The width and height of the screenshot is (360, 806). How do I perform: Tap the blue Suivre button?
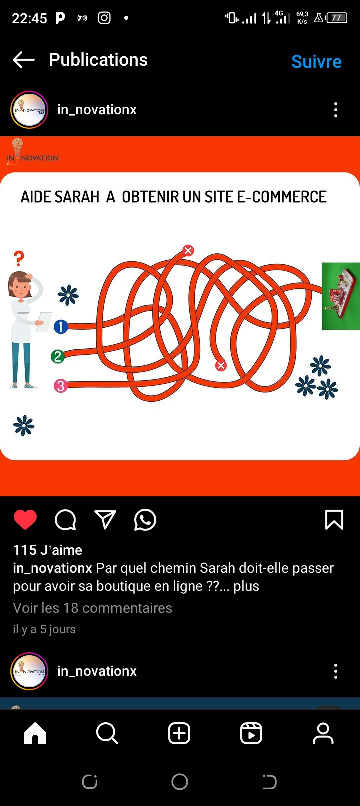pos(316,61)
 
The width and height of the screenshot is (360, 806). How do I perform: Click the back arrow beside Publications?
pos(24,59)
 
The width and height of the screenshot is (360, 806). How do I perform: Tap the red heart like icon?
pos(25,519)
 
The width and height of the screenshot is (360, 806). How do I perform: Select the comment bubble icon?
pos(65,520)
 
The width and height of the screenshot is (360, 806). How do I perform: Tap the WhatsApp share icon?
pos(145,520)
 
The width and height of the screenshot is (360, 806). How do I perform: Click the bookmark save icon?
pos(334,519)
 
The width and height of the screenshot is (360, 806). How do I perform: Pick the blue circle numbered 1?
pos(61,326)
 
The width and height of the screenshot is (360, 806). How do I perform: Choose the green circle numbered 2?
pos(58,356)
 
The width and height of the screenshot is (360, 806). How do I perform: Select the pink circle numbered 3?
pos(61,386)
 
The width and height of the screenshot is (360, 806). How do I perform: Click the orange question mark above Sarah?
pos(19,258)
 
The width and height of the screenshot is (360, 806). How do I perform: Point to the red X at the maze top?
pos(188,250)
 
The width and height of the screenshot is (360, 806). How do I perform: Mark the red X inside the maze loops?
pos(221,366)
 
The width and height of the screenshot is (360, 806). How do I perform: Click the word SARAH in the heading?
pos(77,197)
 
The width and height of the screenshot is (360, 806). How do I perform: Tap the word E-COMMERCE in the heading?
pos(282,197)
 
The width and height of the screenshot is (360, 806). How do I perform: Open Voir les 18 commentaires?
pos(92,608)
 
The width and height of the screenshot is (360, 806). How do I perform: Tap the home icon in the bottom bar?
pos(35,733)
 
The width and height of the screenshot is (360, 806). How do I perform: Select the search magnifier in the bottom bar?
pos(107,733)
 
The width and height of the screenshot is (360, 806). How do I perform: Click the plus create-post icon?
pos(179,733)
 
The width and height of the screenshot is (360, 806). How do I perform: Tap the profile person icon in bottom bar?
pos(323,733)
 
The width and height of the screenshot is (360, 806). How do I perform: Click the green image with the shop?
pos(341,296)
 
